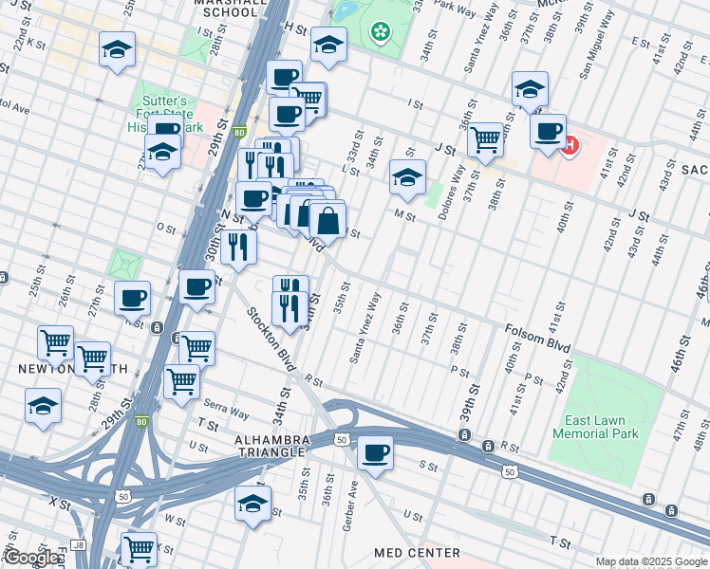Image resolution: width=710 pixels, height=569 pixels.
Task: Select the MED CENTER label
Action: pos(417,552)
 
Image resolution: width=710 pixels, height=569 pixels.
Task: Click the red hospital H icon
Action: pos(570,146)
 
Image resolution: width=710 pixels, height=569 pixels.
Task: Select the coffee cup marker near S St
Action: pos(376,451)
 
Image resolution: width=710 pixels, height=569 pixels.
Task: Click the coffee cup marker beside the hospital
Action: pos(548,131)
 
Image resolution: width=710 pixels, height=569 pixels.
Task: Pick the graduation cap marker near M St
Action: pos(407,177)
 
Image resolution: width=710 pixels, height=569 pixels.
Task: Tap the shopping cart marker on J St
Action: pos(485,139)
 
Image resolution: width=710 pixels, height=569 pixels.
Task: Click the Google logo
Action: pos(30,558)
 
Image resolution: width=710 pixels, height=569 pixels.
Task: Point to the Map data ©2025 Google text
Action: pos(651,561)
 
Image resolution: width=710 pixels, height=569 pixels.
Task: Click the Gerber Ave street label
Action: pos(349,502)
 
